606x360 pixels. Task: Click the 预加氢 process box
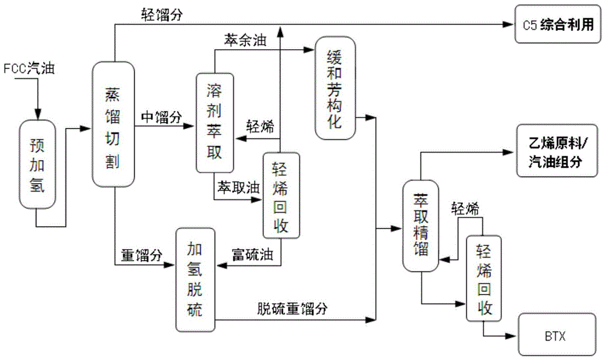coord(38,164)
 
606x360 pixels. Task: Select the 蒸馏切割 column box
coord(113,124)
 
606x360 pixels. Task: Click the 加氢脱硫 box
coord(196,279)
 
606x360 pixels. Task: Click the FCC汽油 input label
coord(29,68)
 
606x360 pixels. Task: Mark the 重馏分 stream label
coord(142,256)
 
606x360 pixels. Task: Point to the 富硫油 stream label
coord(252,256)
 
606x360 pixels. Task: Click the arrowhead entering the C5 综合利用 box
coord(510,25)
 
